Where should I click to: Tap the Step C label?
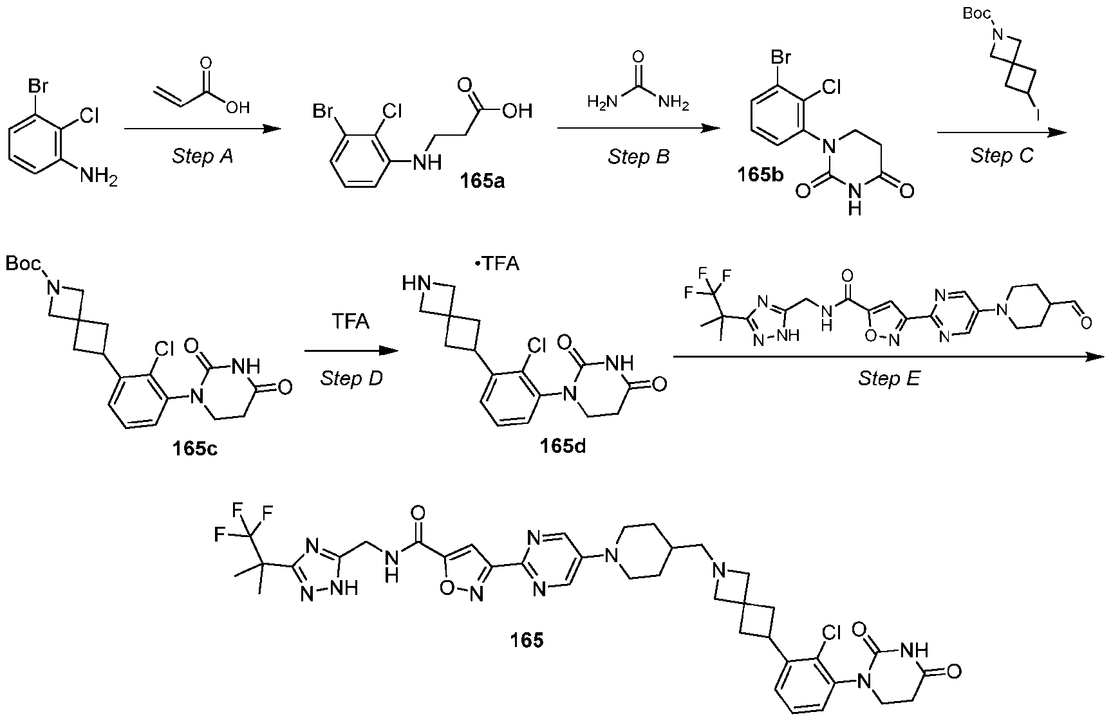point(1002,156)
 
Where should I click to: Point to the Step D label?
point(351,379)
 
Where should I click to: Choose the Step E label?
point(889,379)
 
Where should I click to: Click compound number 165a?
point(481,181)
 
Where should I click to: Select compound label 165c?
point(194,448)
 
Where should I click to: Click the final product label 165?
point(527,640)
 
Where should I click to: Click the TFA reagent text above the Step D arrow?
point(350,321)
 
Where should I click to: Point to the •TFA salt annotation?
point(496,264)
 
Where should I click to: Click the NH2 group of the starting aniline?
point(98,176)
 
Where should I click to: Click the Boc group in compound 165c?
point(24,264)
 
